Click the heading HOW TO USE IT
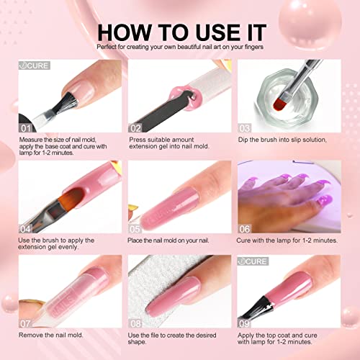click(180, 32)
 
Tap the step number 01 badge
click(27, 126)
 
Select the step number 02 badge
click(137, 126)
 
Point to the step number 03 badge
click(246, 126)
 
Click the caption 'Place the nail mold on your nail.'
click(176, 239)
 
